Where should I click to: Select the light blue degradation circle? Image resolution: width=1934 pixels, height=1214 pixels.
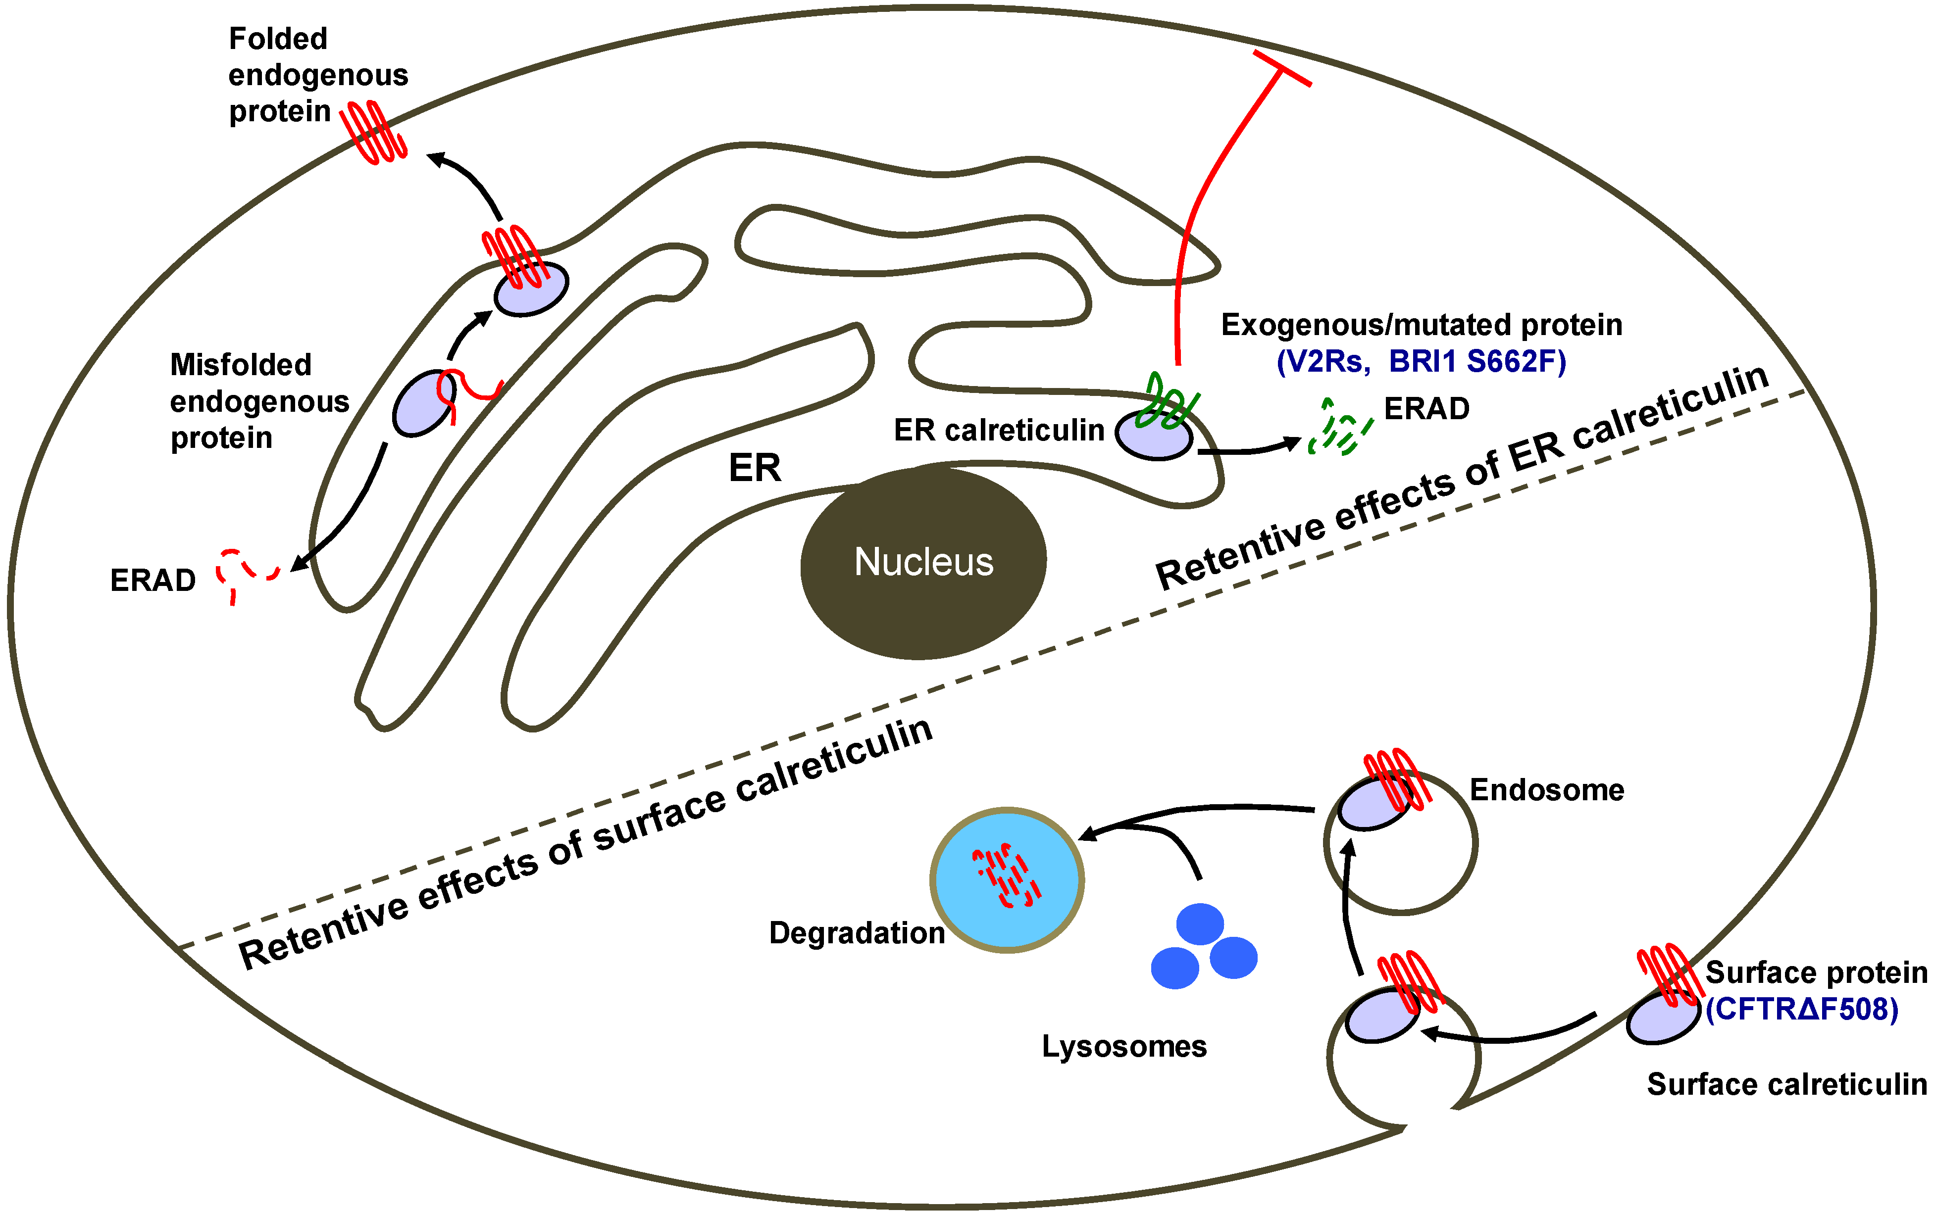coord(1007,880)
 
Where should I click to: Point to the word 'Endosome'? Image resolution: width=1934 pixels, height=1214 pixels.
coord(1546,790)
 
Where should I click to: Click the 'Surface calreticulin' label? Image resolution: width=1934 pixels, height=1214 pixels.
coord(1786,1085)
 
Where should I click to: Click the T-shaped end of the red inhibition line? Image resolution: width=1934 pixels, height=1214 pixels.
coord(1282,68)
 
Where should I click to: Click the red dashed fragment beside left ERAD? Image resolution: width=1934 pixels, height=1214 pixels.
coord(245,572)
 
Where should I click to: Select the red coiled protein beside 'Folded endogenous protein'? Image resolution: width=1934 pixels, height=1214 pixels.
coord(373,133)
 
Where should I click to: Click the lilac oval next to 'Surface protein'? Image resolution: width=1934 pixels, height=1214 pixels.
coord(1663,1018)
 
